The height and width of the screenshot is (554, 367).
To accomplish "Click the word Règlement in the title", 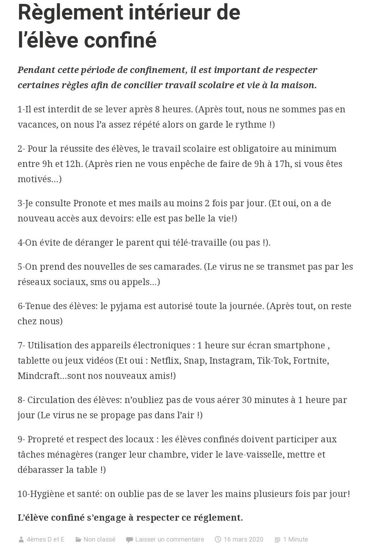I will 70,12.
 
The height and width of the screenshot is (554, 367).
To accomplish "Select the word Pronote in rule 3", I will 90,203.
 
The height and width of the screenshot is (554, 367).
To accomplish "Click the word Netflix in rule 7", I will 165,360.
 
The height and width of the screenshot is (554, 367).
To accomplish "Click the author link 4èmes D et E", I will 45,539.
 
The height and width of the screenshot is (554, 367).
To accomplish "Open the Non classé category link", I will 99,539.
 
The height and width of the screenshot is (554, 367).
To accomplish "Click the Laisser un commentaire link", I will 170,539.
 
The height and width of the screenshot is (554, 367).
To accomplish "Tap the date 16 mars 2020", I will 243,539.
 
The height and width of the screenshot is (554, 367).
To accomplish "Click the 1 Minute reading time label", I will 295,539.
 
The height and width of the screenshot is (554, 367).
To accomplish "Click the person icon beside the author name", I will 21,539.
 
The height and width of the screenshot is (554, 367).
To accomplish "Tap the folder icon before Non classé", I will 78,539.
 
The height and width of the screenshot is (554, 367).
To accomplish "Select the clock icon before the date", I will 218,539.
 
